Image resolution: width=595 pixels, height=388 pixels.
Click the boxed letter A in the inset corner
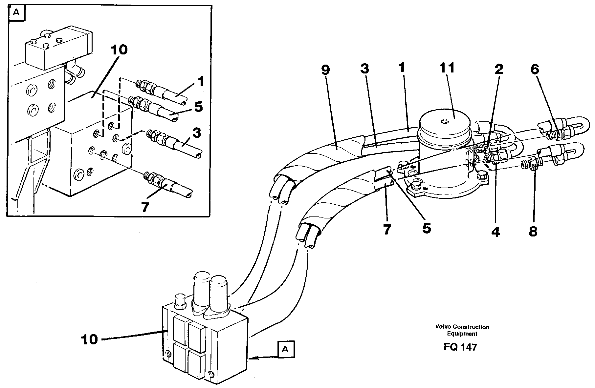coord(15,13)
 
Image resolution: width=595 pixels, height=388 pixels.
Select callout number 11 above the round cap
coord(447,68)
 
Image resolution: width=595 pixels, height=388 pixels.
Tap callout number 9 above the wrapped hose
coord(325,70)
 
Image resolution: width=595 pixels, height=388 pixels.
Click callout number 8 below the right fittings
coord(533,232)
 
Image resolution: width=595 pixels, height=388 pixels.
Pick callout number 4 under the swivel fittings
coord(496,232)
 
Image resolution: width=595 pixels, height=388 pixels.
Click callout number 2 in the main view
coord(498,69)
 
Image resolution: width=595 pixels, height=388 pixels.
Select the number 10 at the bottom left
coord(89,339)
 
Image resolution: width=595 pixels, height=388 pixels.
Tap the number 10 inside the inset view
coord(119,50)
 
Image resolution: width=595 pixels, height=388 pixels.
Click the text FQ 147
coord(460,347)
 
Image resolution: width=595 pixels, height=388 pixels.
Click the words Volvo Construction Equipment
coord(462,330)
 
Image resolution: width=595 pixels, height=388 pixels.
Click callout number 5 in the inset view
coord(198,107)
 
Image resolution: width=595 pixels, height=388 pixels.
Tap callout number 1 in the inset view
coord(201,82)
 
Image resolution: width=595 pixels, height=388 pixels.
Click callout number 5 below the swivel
coord(426,228)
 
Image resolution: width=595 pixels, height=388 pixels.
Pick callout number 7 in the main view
coord(387,230)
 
